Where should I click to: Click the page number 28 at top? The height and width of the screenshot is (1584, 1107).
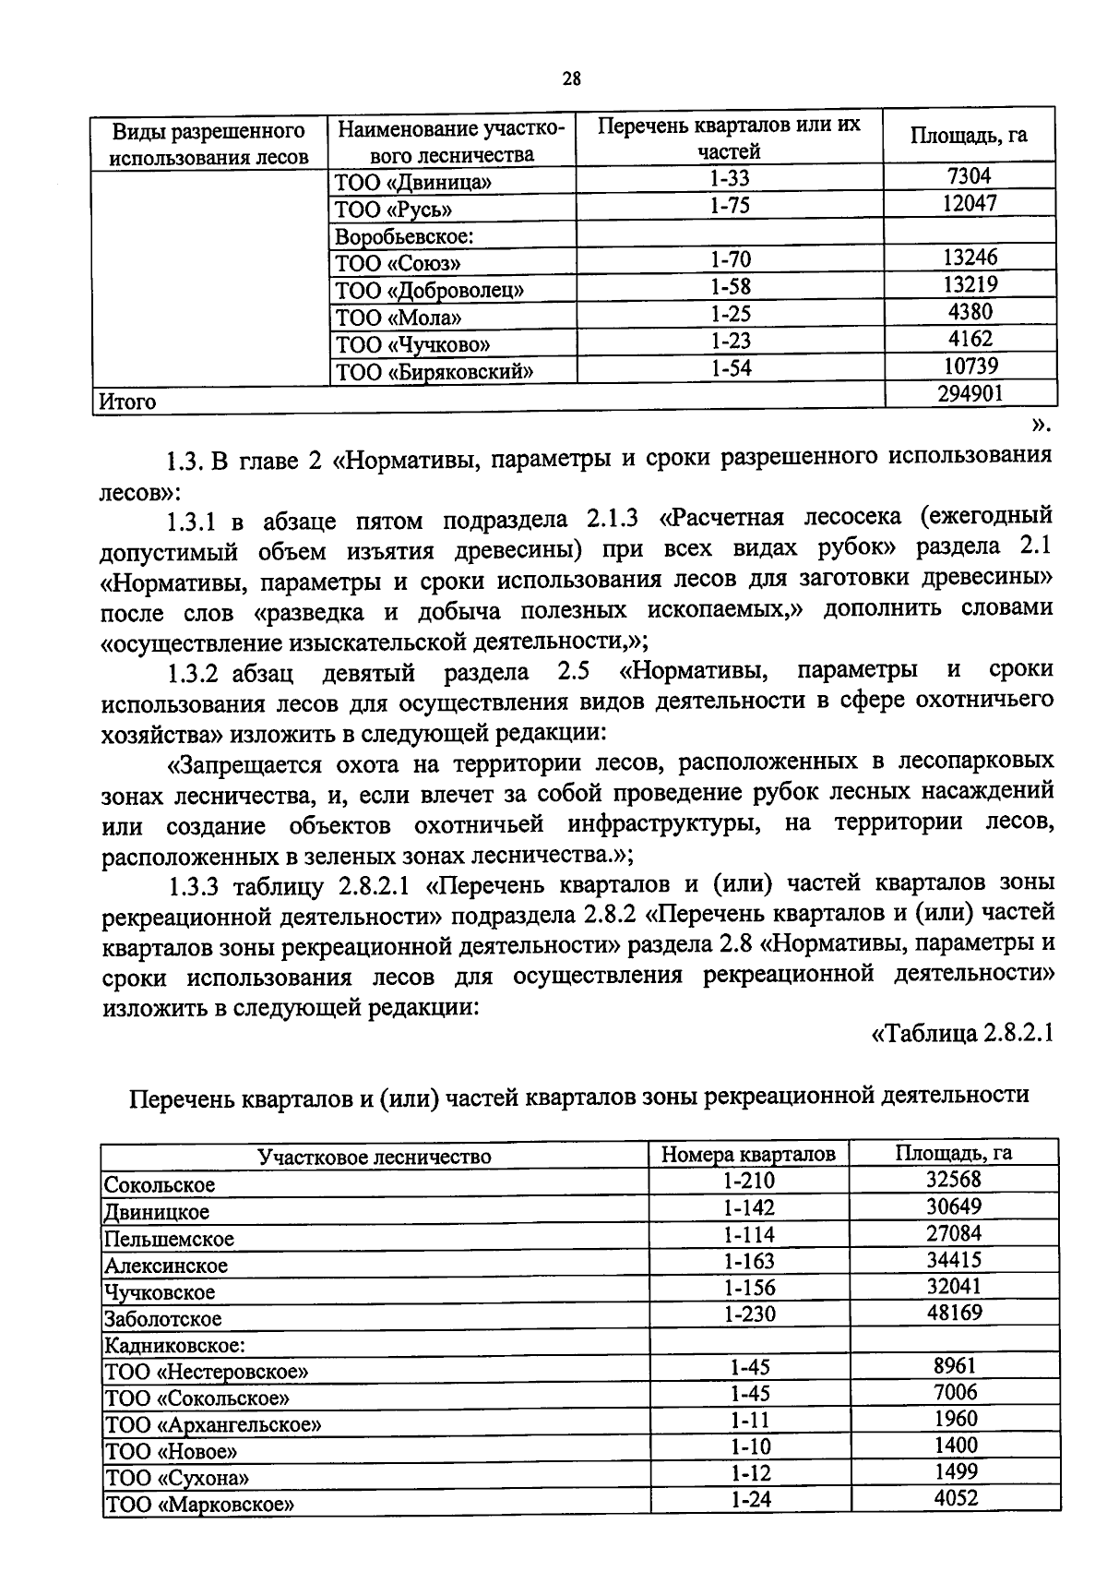click(571, 78)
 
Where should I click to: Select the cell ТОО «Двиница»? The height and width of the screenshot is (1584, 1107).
click(412, 182)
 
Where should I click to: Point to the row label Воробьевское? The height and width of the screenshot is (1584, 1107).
click(403, 236)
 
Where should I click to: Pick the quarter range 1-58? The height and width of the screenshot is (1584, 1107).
click(730, 288)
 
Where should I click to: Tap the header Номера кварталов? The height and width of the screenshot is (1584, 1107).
click(748, 1154)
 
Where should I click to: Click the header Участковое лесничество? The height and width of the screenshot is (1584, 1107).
click(374, 1156)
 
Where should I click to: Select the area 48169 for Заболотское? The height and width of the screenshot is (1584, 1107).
click(954, 1312)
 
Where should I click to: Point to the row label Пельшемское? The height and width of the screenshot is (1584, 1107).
click(169, 1238)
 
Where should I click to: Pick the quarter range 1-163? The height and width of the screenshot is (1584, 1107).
click(748, 1261)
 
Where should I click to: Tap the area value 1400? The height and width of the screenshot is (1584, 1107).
click(954, 1446)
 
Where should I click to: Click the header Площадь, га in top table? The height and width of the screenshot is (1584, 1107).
click(969, 136)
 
